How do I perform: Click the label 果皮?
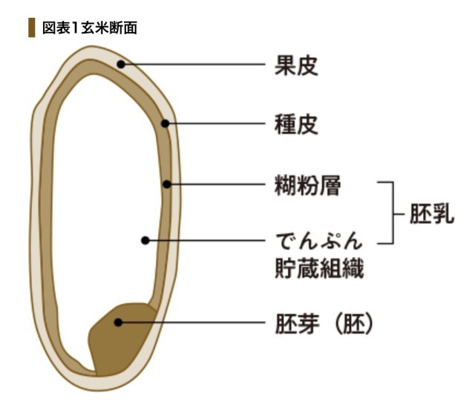pos(296,65)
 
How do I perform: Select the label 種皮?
pos(296,124)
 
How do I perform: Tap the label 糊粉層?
pos(307,185)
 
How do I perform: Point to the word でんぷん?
pos(319,242)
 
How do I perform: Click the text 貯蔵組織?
pos(319,268)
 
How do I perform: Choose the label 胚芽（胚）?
pos(324,323)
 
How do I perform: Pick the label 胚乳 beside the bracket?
pos(432,213)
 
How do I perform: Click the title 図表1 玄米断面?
pos(90,27)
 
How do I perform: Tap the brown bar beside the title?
pos(31,27)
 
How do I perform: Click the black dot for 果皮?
pos(121,65)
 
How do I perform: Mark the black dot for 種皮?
pos(165,123)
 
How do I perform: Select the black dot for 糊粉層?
pos(167,184)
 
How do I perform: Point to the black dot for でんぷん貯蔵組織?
pos(145,241)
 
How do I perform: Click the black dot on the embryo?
pos(118,323)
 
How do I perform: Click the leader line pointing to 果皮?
pos(193,65)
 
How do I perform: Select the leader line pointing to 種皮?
pos(215,123)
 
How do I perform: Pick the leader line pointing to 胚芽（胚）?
pos(191,323)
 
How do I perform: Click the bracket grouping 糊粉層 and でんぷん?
pos(391,213)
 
